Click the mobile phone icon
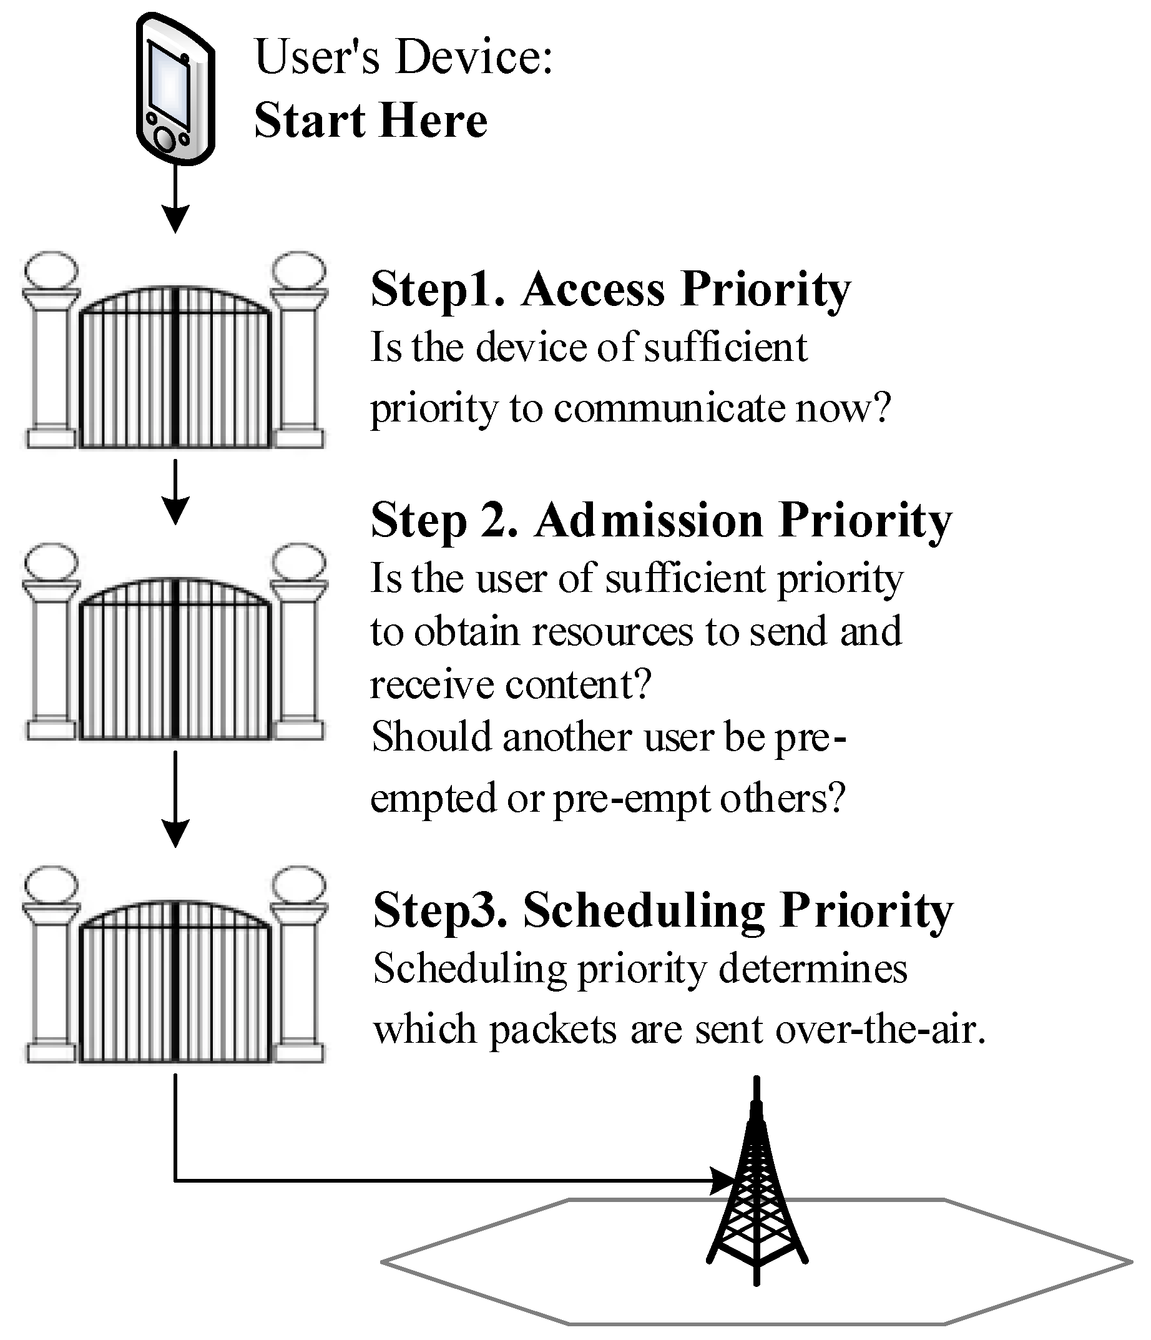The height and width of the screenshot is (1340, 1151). pyautogui.click(x=175, y=89)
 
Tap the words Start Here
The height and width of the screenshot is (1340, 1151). pyautogui.click(x=371, y=121)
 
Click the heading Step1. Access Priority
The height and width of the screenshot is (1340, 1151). pyautogui.click(x=610, y=289)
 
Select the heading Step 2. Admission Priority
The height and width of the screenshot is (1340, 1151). pyautogui.click(x=661, y=521)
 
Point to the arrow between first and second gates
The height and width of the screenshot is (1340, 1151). pyautogui.click(x=175, y=491)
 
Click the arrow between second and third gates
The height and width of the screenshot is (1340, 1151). pyautogui.click(x=175, y=799)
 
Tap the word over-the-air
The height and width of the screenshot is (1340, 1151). pyautogui.click(x=879, y=1030)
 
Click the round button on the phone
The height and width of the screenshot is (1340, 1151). pyautogui.click(x=165, y=139)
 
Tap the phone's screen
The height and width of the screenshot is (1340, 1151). pyautogui.click(x=169, y=84)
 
